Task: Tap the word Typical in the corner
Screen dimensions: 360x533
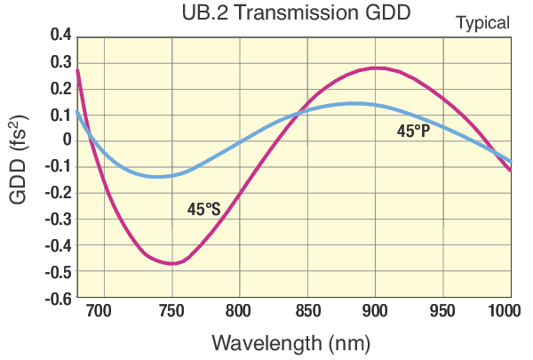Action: [482, 23]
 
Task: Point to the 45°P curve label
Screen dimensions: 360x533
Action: [413, 132]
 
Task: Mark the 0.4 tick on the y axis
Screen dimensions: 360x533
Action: [59, 36]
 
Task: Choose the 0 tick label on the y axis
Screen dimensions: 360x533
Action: [66, 140]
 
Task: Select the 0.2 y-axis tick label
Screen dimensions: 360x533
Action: [59, 88]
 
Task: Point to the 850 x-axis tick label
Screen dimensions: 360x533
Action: [307, 312]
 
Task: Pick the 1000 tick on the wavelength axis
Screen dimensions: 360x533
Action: [506, 312]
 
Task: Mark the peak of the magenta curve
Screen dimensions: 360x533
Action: [377, 68]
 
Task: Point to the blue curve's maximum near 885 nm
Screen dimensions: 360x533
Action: [354, 103]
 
